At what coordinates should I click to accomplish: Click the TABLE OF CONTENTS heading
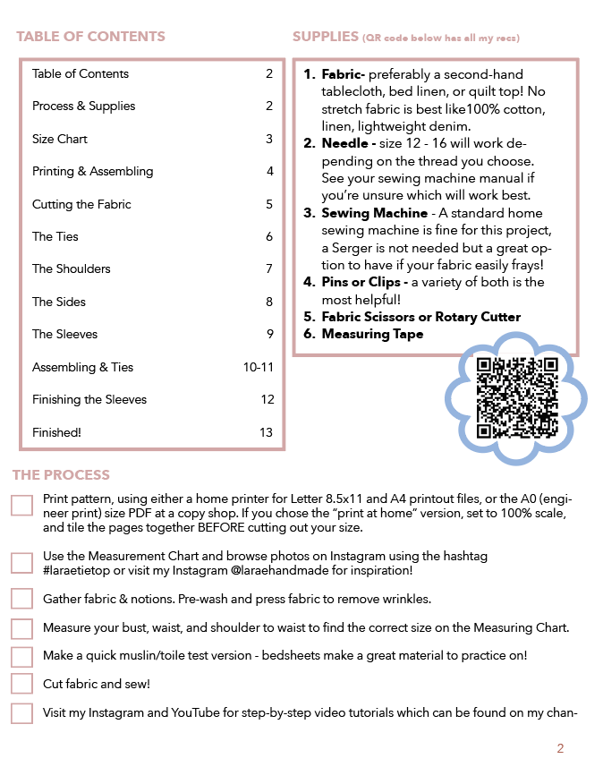point(90,37)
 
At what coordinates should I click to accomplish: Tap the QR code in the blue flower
point(518,397)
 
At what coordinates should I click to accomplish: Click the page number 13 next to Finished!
point(266,432)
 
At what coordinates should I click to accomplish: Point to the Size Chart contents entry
point(60,139)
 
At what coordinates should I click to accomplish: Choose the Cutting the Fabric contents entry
point(81,204)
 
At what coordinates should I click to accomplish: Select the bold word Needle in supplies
point(344,142)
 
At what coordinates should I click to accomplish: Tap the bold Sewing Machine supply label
point(374,213)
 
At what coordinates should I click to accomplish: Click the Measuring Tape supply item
point(372,334)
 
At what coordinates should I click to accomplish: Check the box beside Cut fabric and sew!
point(22,684)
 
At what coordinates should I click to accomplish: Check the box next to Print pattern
point(22,506)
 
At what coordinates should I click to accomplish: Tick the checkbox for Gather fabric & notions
point(22,599)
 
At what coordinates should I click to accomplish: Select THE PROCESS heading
point(61,475)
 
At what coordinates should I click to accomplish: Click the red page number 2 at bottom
point(560,749)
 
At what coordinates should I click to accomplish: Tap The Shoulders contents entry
point(72,268)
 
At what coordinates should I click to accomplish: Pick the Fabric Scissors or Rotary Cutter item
point(420,317)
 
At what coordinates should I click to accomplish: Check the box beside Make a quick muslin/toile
point(22,656)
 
